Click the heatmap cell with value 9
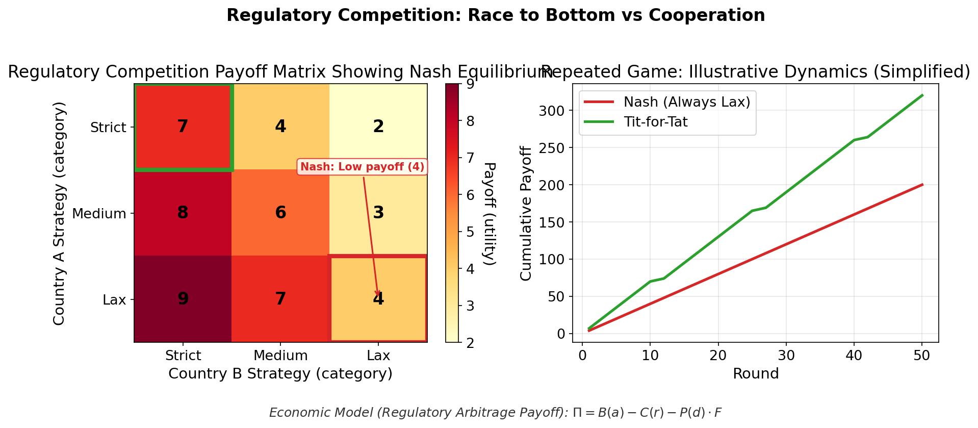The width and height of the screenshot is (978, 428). [183, 299]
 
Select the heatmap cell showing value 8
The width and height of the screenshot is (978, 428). [183, 213]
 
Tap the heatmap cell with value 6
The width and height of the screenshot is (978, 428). [280, 213]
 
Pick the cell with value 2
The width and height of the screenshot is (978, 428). [378, 127]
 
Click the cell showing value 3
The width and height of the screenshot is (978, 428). [378, 213]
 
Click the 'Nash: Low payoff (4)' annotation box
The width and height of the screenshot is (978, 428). [362, 167]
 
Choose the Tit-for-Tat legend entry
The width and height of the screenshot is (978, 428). [655, 122]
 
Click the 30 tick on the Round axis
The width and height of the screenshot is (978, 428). [786, 356]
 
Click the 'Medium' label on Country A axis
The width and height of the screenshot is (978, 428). [99, 213]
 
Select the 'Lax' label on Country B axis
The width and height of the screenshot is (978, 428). [378, 356]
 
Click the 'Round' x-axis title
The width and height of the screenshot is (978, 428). [755, 374]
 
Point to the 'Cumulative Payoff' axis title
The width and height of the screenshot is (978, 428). [526, 213]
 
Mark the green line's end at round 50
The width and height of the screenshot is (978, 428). [922, 95]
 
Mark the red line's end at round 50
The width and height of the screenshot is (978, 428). [922, 185]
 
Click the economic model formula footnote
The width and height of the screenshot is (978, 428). [495, 413]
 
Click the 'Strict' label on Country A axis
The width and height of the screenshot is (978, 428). [108, 127]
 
